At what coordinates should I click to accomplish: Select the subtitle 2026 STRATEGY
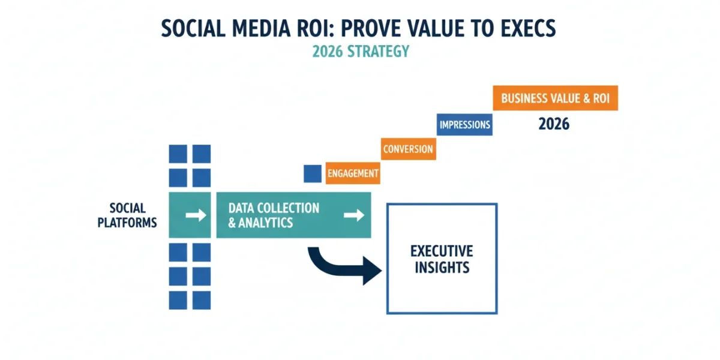[361, 52]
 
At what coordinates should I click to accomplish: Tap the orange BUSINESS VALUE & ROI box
[556, 98]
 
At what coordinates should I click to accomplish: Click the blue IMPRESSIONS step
[464, 125]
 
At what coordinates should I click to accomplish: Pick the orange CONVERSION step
[409, 149]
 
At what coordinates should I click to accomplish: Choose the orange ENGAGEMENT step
[353, 173]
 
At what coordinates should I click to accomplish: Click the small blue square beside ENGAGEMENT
[313, 174]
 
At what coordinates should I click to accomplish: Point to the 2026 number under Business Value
[554, 124]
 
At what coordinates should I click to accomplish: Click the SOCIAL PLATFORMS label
[127, 215]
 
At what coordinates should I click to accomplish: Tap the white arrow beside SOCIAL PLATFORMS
[196, 215]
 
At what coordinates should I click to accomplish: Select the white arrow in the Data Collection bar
[354, 215]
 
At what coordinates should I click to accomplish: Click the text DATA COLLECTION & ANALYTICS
[274, 215]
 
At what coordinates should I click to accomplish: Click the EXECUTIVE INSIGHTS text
[442, 259]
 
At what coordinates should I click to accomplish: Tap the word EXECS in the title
[527, 28]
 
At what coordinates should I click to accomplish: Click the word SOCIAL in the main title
[193, 28]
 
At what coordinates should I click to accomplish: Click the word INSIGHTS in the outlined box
[442, 268]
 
